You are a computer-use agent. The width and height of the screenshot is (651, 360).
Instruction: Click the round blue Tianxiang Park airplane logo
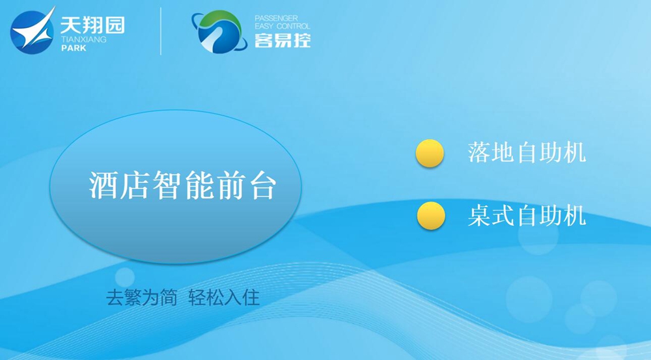pyautogui.click(x=33, y=31)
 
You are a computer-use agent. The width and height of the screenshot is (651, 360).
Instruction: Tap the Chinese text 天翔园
pyautogui.click(x=92, y=25)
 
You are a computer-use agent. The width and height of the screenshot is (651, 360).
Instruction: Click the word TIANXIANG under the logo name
pyautogui.click(x=83, y=40)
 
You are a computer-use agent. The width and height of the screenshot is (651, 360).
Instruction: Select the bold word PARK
pyautogui.click(x=74, y=48)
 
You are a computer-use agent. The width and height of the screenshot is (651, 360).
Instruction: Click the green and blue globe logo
pyautogui.click(x=219, y=31)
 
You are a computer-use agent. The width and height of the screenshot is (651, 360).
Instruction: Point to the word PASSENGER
pyautogui.click(x=276, y=18)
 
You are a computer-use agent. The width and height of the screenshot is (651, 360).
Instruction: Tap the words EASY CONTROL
pyautogui.click(x=283, y=26)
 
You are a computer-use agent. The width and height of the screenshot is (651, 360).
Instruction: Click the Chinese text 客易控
pyautogui.click(x=283, y=40)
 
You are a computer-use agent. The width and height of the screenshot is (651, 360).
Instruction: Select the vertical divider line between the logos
pyautogui.click(x=161, y=31)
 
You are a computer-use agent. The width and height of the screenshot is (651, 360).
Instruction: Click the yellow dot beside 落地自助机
pyautogui.click(x=430, y=153)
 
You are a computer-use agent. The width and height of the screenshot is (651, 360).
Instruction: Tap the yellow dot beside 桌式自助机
pyautogui.click(x=431, y=215)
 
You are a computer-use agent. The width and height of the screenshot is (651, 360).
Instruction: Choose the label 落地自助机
pyautogui.click(x=527, y=152)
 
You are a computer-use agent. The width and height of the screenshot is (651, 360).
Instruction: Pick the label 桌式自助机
pyautogui.click(x=527, y=215)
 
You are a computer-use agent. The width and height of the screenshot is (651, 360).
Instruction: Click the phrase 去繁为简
pyautogui.click(x=141, y=298)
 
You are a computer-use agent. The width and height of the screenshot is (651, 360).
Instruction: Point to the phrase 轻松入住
pyautogui.click(x=224, y=298)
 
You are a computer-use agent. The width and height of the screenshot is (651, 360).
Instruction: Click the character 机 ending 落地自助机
pyautogui.click(x=575, y=152)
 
